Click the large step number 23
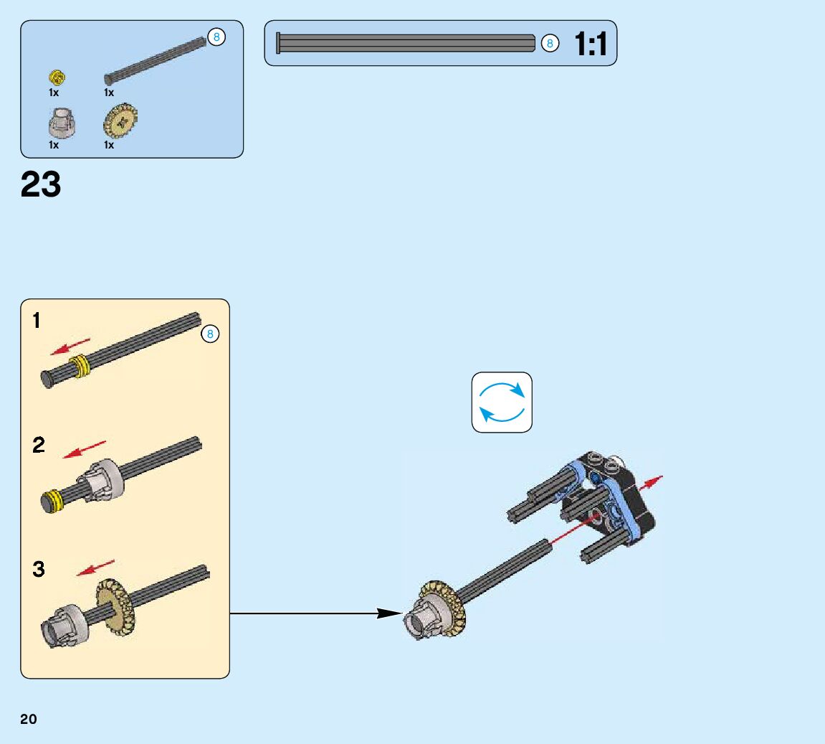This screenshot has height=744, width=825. click(x=41, y=184)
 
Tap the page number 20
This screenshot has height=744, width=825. click(x=29, y=720)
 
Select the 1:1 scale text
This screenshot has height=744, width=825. click(x=591, y=44)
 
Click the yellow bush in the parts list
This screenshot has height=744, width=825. click(x=57, y=77)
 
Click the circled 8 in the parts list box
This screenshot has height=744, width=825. click(x=216, y=37)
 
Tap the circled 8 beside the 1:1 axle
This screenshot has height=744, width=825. click(x=550, y=44)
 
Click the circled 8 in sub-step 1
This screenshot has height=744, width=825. click(x=210, y=334)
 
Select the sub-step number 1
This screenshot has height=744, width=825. click(x=37, y=321)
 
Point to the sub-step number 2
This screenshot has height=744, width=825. click(x=39, y=446)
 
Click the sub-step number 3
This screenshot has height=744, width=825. click(x=39, y=570)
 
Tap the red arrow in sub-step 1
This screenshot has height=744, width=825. click(x=70, y=346)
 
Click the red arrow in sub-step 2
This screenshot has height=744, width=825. click(x=85, y=450)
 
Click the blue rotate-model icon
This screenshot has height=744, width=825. click(x=502, y=402)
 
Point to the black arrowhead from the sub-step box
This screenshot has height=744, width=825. click(x=389, y=613)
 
